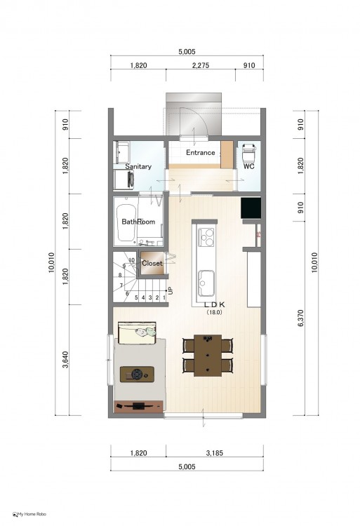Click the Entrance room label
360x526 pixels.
coord(200,153)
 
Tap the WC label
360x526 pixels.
coord(249,166)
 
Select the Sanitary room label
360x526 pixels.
coord(138,166)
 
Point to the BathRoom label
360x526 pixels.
coord(138,222)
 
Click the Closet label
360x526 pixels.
coord(152,263)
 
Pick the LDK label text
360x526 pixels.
coord(215,305)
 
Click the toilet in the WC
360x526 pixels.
coord(248,153)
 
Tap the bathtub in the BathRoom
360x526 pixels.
coord(126,222)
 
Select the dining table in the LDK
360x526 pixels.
coord(208,356)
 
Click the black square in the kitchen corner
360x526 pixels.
coord(251,208)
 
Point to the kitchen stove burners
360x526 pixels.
coord(206,237)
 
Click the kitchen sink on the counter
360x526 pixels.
coord(206,283)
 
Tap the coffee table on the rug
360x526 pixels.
coord(138,374)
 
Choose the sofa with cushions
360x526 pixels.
coord(137,332)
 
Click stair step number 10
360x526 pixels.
coord(132,260)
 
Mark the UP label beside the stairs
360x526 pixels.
coord(171,290)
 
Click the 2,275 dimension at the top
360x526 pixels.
coord(201,65)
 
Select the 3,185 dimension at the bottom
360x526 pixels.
coord(215,453)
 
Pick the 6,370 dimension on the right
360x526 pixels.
coord(300,318)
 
